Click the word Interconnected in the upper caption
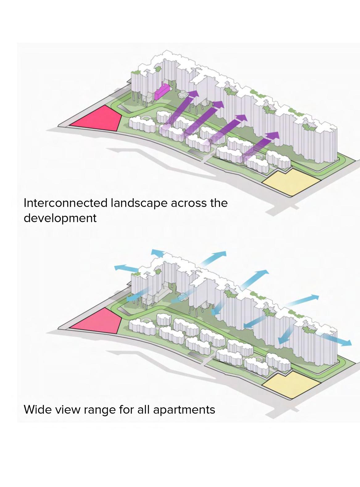click(65, 203)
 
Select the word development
click(60, 218)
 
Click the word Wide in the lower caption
click(36, 410)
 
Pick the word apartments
click(184, 410)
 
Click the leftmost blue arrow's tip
click(115, 267)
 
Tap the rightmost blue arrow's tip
click(350, 343)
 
